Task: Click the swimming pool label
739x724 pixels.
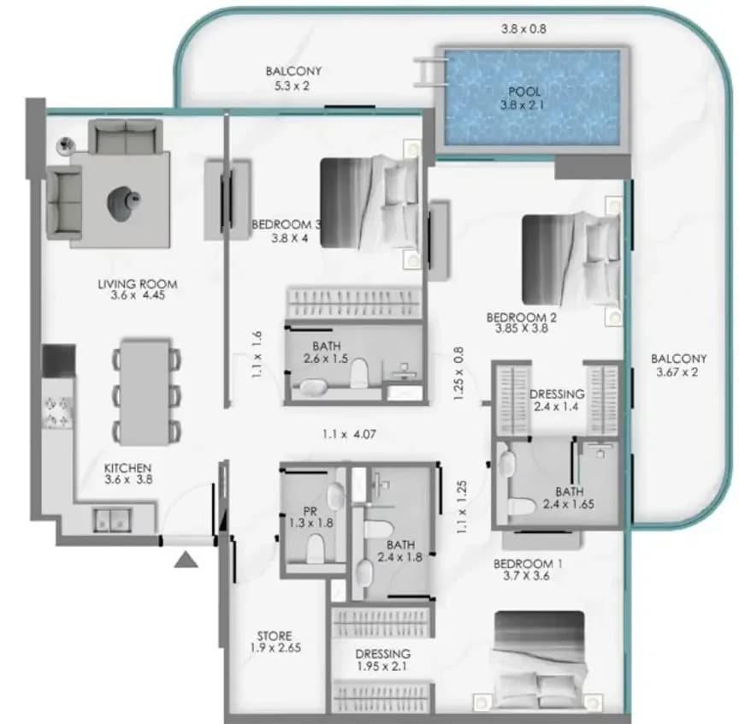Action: click(523, 98)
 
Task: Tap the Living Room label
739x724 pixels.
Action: click(138, 289)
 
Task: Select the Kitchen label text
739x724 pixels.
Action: click(127, 473)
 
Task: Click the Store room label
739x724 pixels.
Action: click(275, 642)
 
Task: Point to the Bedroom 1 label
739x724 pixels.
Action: click(528, 569)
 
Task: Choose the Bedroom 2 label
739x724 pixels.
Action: click(521, 323)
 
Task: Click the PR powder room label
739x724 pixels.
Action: click(310, 517)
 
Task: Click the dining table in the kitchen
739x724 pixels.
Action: click(145, 392)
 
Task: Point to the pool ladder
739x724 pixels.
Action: click(430, 72)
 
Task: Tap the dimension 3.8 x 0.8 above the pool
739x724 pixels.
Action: click(523, 29)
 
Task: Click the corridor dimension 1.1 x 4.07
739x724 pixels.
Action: click(349, 434)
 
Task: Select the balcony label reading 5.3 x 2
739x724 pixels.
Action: click(293, 78)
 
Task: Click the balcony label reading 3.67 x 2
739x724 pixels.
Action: click(677, 365)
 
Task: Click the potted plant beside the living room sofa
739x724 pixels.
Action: click(66, 145)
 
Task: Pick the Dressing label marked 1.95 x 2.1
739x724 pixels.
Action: click(382, 660)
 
